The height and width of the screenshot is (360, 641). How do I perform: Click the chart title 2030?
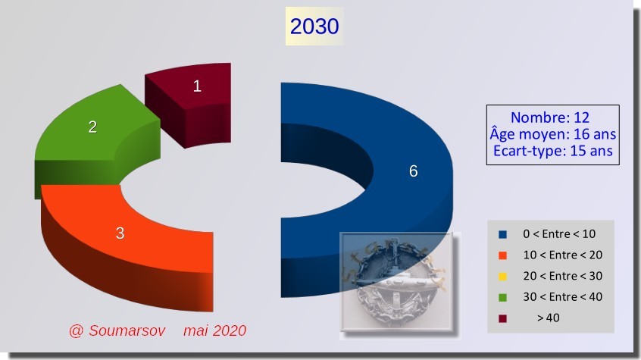coord(314,27)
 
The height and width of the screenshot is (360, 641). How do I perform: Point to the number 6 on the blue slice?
coord(413,171)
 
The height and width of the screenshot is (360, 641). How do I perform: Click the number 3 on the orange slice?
coord(120,233)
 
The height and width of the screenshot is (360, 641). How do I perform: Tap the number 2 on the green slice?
coord(92,127)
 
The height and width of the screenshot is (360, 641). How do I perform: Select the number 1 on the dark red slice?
coord(197,86)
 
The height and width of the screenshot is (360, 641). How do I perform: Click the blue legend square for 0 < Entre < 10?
coord(502,234)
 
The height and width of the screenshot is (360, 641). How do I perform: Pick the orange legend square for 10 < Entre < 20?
coord(502,255)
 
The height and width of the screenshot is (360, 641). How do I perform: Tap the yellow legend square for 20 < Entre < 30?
coord(502,277)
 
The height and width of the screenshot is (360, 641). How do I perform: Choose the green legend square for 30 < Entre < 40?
coord(502,297)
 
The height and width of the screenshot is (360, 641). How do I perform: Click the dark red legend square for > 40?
coord(502,318)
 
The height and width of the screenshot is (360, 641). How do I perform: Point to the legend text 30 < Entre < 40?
coord(562,296)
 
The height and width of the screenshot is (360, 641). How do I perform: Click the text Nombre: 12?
coord(550,117)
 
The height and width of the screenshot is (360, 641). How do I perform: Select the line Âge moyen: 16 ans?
coord(552,134)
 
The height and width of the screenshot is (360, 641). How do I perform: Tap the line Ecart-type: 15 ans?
coord(552,151)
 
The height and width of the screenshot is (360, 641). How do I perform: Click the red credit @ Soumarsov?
coord(117,330)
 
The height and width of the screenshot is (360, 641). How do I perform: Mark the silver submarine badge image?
coord(397,282)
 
